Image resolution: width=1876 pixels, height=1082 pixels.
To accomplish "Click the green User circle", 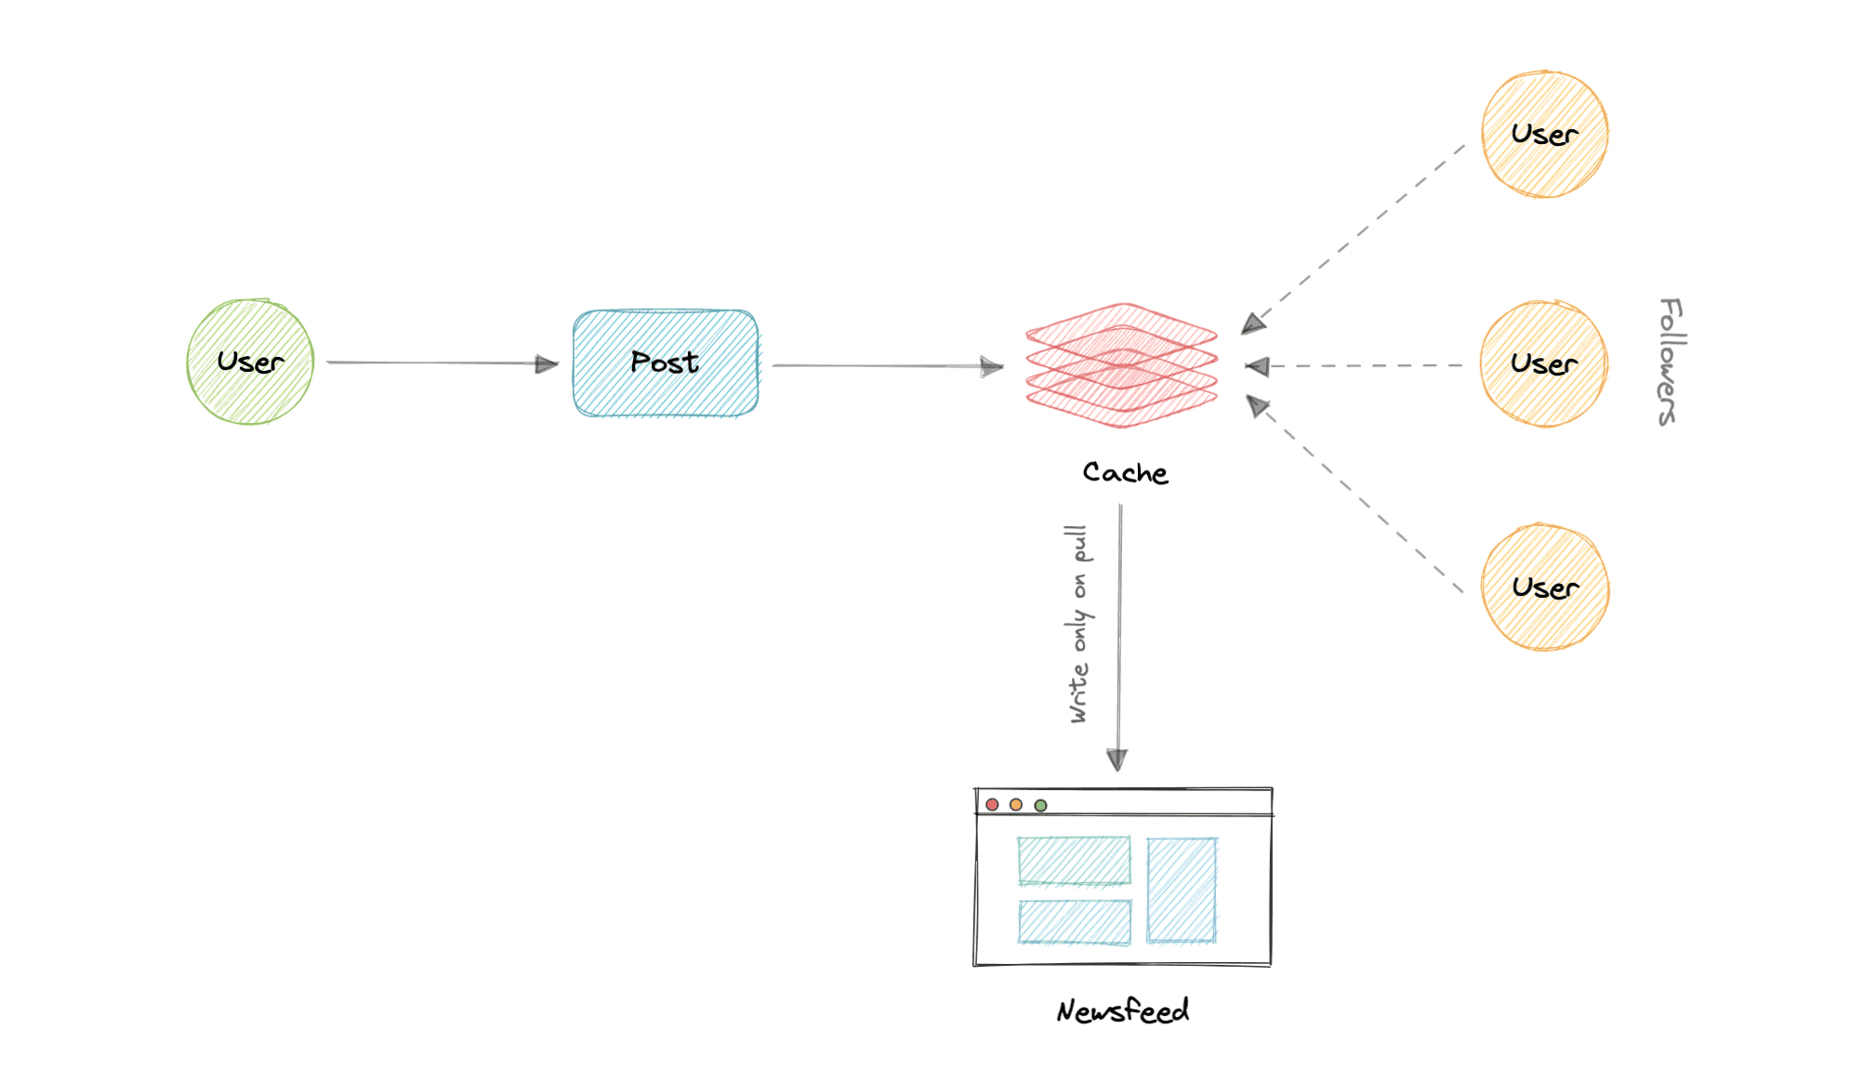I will point(250,362).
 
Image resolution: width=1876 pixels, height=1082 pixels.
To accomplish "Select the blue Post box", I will point(666,363).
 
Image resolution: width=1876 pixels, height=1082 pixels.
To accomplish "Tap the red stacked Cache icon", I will point(1121,365).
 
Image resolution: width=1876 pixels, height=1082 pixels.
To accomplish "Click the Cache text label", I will point(1125,472).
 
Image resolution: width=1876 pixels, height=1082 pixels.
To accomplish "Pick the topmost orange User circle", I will point(1544,134).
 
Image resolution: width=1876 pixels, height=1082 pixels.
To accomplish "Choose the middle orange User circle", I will point(1543,363).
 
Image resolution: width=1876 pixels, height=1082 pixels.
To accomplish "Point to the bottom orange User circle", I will point(1544,587).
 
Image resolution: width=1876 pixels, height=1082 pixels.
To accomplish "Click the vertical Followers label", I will point(1670,362).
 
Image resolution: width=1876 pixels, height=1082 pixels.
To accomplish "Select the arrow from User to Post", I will point(442,363).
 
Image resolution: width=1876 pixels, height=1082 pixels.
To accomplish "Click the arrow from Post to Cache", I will point(887,365).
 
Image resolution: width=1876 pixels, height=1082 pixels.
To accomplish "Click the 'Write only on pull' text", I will point(1078,624).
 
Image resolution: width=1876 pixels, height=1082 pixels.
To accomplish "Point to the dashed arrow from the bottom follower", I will point(1358,497).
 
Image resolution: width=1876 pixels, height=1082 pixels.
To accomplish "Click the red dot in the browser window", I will point(992,804).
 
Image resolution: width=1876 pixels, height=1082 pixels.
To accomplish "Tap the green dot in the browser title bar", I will point(1040,805).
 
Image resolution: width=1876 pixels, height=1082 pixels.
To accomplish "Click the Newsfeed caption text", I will point(1122,1010).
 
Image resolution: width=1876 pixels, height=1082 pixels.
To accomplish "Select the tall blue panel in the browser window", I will point(1182,890).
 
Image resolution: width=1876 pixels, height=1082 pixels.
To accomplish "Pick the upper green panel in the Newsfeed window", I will point(1074,860).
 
